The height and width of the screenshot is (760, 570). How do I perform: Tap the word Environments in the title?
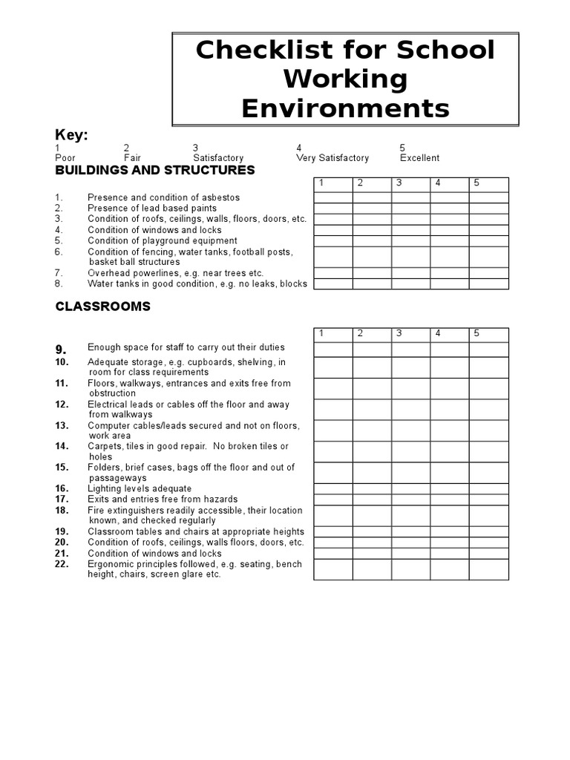coord(345,108)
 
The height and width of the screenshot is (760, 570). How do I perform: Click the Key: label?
coord(72,134)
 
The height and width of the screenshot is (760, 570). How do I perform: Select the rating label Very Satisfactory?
coord(332,158)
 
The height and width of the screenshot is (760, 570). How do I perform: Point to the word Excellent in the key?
coord(419,158)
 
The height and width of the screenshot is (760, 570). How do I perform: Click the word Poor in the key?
coord(65,158)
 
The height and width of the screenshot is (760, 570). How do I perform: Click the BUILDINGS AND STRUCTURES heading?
coord(154,170)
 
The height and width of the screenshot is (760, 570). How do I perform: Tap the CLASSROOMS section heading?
coord(102,306)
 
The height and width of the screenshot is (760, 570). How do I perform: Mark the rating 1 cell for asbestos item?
coord(333,197)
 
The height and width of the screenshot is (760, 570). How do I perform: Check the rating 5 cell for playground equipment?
coord(488,240)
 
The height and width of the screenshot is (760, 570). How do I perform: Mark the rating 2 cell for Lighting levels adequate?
coord(372,488)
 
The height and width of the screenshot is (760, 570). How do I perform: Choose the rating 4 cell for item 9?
coord(449,349)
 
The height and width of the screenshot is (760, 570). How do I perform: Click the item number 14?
coord(62,446)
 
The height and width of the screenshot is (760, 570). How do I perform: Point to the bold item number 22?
coord(62,564)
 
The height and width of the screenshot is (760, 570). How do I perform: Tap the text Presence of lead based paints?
coord(152,209)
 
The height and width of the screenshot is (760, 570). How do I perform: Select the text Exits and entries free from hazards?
coord(163,499)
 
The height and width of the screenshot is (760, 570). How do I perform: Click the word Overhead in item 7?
coord(107,273)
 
